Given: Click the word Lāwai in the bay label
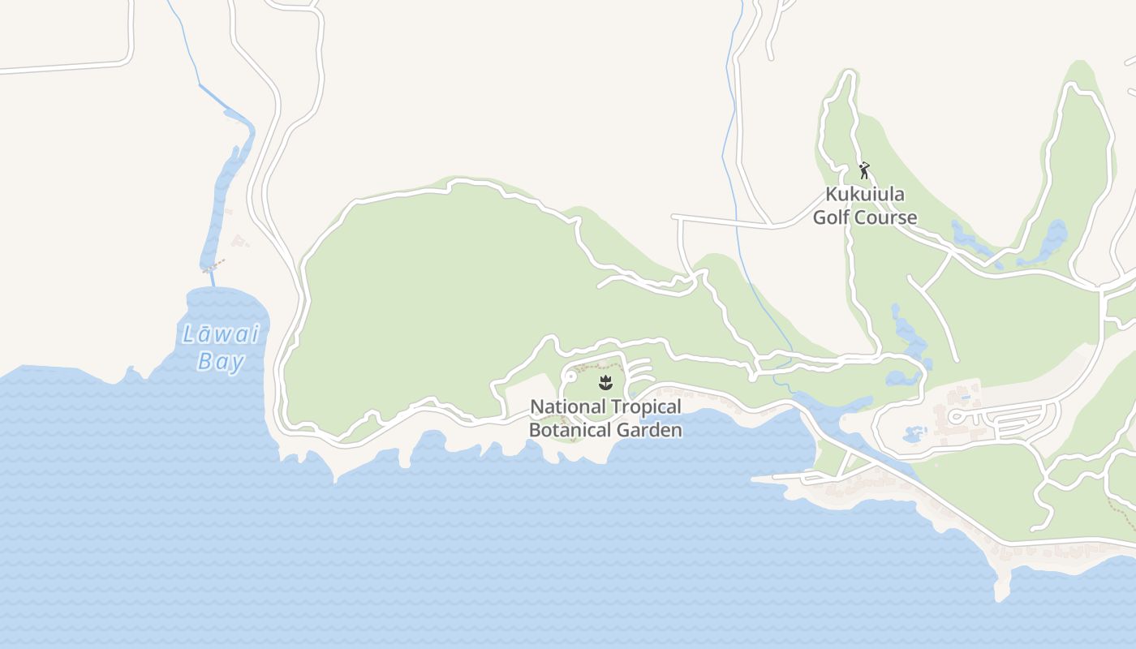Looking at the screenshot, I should [221, 334].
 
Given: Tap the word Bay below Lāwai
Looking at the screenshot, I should [220, 361].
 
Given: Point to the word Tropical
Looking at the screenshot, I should [646, 406].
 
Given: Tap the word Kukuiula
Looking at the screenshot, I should [865, 195].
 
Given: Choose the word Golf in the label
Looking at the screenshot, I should [833, 217].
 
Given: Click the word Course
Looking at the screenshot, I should [887, 217].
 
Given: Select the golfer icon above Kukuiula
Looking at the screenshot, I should [864, 170].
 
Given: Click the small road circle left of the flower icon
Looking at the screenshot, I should [570, 377].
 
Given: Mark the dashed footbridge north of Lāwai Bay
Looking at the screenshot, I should [213, 266].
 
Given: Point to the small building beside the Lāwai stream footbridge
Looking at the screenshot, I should [239, 240].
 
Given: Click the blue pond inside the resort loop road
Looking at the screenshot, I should [914, 434].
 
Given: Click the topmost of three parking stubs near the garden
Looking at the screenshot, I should [640, 361].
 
